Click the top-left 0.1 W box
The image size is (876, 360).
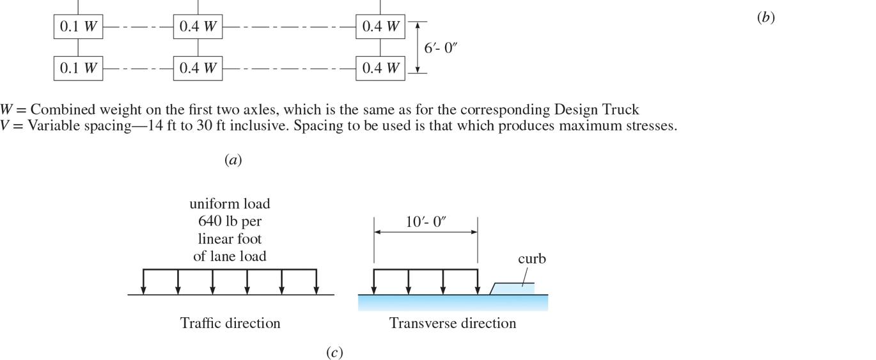coord(78,27)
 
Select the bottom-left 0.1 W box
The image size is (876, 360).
coord(78,68)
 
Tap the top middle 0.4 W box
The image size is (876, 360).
coord(198,27)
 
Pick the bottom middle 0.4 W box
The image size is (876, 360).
coord(198,68)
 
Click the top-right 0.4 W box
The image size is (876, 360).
coord(380,27)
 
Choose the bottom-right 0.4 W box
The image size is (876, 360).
coord(380,68)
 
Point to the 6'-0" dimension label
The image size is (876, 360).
coord(441,48)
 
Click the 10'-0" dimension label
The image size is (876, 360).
coord(426,222)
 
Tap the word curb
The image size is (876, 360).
coord(531,259)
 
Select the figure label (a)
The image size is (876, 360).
coord(233,160)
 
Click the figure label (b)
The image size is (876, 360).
coord(765,18)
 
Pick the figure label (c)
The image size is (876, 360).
coord(334,352)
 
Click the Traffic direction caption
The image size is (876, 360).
coord(230,323)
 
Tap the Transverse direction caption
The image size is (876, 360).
coord(453,323)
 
